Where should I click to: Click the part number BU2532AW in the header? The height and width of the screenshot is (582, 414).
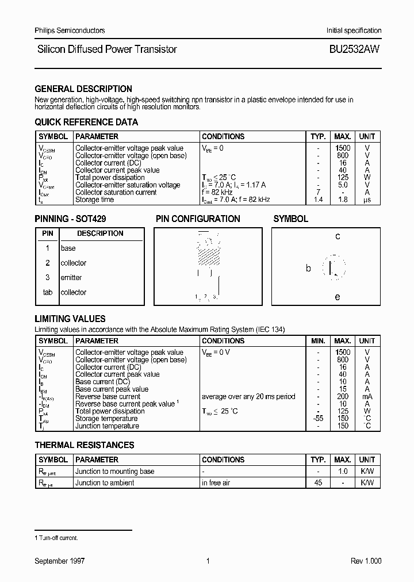tap(354, 49)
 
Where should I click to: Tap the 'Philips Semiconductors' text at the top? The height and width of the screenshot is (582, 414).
tap(70, 30)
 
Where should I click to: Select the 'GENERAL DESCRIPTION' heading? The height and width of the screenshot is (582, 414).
tap(83, 89)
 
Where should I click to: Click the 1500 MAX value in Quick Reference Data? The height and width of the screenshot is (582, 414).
tap(343, 148)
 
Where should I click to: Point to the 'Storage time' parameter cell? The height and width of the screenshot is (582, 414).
tap(95, 200)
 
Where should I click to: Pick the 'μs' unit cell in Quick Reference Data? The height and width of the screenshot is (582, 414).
tap(367, 200)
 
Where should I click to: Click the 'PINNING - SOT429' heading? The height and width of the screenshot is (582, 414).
tap(70, 219)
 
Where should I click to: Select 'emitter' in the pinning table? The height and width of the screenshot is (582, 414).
tap(71, 278)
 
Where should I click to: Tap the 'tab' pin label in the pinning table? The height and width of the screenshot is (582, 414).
tap(48, 293)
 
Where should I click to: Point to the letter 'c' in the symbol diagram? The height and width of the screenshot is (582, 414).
tap(338, 236)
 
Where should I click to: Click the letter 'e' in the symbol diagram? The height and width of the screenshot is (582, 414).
tap(338, 297)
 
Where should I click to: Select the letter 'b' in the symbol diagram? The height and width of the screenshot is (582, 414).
tap(308, 269)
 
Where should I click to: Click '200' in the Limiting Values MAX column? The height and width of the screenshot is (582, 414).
tap(343, 397)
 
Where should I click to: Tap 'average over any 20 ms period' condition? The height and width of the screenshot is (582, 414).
tap(248, 397)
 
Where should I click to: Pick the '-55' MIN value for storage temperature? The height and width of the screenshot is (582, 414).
tap(318, 419)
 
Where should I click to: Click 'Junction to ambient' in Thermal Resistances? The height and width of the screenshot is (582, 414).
tap(105, 483)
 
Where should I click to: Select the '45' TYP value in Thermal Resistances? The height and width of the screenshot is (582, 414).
tap(318, 483)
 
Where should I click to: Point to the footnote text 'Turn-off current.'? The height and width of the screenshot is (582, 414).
tap(58, 538)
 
